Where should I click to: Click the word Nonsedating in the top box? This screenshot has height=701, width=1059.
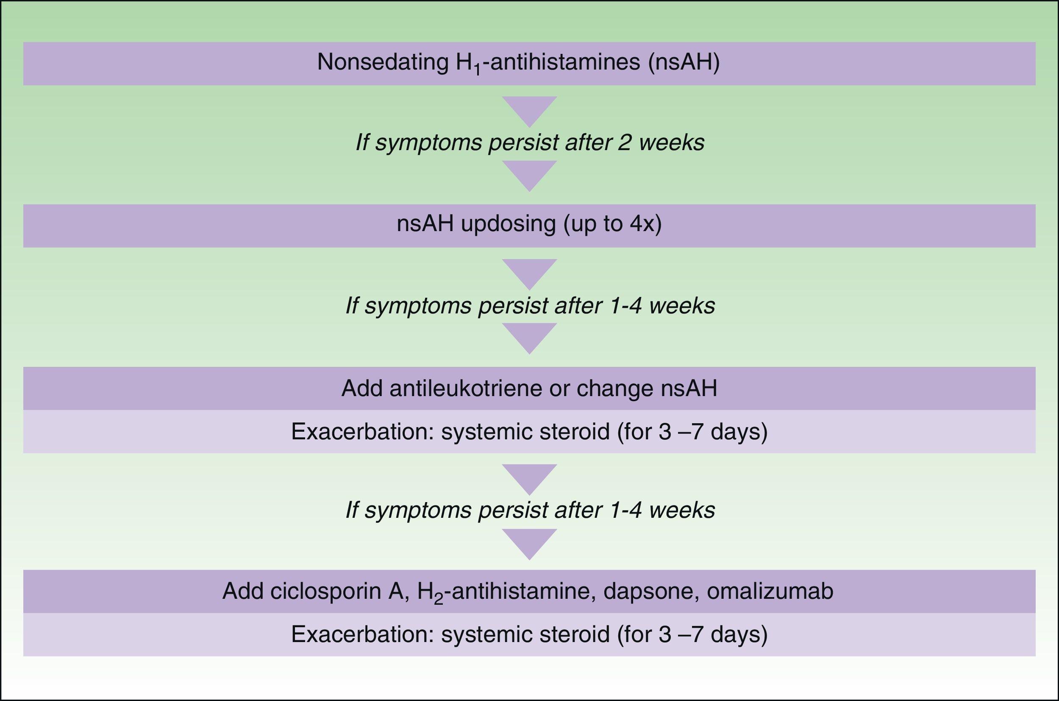tap(382, 62)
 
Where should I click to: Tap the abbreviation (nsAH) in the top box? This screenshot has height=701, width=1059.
tap(684, 62)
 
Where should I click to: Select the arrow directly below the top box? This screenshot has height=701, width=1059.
tap(529, 110)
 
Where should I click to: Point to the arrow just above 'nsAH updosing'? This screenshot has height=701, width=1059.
tap(529, 174)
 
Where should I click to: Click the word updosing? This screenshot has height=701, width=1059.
tap(508, 224)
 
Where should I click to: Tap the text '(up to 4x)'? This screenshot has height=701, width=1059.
tap(612, 224)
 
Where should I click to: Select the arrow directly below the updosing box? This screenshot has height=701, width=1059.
tap(529, 273)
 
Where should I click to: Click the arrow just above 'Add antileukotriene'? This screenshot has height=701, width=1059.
tap(529, 337)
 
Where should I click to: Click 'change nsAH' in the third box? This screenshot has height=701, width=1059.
tap(647, 388)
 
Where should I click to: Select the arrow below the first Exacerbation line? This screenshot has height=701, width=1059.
tap(529, 478)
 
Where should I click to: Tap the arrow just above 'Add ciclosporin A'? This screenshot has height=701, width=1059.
tap(529, 543)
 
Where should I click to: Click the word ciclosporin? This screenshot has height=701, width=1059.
tap(324, 592)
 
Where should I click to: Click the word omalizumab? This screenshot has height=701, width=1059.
tap(770, 592)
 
